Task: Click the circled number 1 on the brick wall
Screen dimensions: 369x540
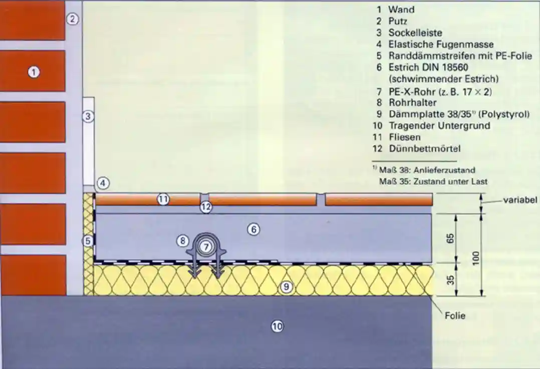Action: [x=34, y=72]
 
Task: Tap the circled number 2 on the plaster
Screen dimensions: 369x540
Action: [x=73, y=20]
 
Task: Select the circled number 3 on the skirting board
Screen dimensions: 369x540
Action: [x=88, y=117]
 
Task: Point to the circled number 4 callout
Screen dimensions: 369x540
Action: [x=103, y=183]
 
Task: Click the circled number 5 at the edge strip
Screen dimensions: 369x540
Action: [x=88, y=241]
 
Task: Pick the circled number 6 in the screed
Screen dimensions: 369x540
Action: [x=253, y=230]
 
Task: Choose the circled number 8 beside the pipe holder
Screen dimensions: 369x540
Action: [x=182, y=241]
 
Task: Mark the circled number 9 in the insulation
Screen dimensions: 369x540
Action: [x=285, y=287]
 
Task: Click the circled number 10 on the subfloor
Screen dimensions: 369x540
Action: [x=277, y=326]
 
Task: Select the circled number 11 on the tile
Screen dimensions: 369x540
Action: [x=163, y=199]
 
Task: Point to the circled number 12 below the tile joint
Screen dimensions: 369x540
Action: [x=206, y=207]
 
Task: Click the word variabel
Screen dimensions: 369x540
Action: [x=520, y=200]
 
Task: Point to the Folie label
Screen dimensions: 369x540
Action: [x=455, y=315]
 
